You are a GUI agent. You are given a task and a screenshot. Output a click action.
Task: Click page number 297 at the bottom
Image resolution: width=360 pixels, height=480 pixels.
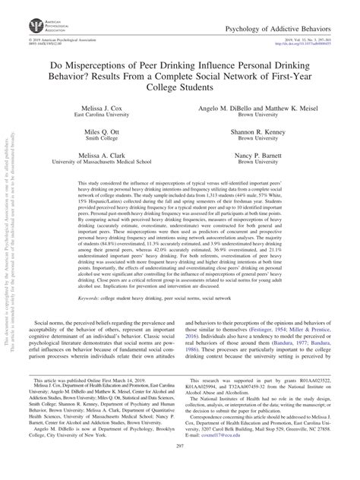[180, 469]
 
